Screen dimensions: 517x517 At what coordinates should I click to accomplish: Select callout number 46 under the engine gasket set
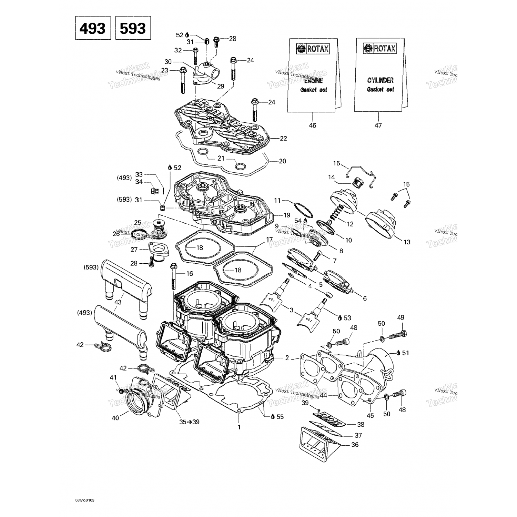coord(312,125)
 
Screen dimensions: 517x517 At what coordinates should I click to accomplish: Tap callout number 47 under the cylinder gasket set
coord(378,125)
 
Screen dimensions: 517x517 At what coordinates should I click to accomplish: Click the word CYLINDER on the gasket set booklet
coord(380,80)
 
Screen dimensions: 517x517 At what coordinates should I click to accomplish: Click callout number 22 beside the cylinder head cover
coord(283,139)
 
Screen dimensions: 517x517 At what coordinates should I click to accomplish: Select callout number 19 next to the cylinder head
coord(287,215)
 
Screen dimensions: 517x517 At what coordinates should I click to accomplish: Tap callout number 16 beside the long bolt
coord(190,274)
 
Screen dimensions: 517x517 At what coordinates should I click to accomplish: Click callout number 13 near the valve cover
coord(407,242)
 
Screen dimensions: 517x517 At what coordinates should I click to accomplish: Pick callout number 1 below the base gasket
coord(239,427)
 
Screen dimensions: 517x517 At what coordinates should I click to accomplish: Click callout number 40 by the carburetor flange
coord(115,418)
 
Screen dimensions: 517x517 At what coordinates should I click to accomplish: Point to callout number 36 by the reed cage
coord(355,445)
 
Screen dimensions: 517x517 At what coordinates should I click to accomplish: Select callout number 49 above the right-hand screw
coord(401,317)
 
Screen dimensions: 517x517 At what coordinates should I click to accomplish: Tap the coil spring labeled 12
coord(336,217)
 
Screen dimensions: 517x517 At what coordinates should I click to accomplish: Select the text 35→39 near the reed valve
coord(190,422)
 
